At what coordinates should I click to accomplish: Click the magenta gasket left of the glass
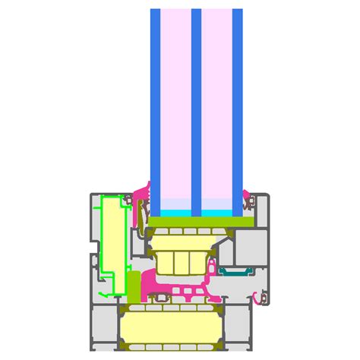[x=141, y=205]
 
